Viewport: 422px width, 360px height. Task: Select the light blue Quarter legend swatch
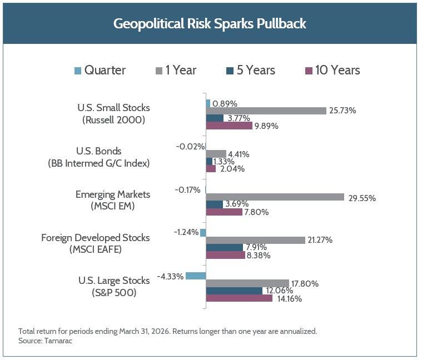78,71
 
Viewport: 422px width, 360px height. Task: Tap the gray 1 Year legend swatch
158,71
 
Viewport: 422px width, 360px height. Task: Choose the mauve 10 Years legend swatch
309,71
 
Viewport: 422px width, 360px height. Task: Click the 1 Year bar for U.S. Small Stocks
266,111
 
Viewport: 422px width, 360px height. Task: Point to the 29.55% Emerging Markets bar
275,197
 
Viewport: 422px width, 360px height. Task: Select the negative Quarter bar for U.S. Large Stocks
196,276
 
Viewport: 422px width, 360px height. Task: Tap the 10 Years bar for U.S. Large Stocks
239,298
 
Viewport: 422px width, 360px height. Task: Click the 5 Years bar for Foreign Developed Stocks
225,247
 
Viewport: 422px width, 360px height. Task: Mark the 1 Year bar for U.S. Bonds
216,154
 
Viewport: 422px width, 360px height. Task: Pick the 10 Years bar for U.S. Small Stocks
229,126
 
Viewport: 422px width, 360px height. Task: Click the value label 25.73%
343,111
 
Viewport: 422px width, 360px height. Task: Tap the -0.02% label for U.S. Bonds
190,147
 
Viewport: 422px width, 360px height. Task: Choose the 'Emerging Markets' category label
113,194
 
